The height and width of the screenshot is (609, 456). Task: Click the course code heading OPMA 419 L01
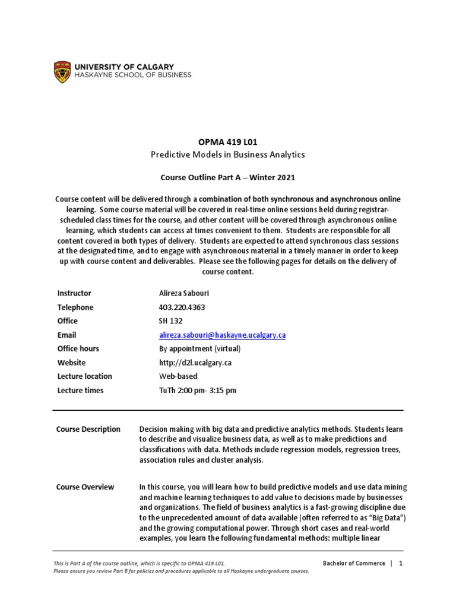click(x=228, y=142)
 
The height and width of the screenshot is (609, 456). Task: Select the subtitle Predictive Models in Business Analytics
click(x=228, y=155)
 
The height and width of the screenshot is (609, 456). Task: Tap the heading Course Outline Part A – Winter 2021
click(x=228, y=177)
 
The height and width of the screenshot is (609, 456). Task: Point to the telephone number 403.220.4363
click(x=179, y=307)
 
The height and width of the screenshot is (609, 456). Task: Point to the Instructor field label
click(x=74, y=293)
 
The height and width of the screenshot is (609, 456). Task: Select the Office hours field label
click(x=78, y=349)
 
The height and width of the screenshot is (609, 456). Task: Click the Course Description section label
click(x=88, y=429)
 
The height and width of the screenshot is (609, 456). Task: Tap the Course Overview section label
click(x=85, y=487)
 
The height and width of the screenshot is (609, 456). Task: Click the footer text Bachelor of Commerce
click(x=354, y=563)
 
